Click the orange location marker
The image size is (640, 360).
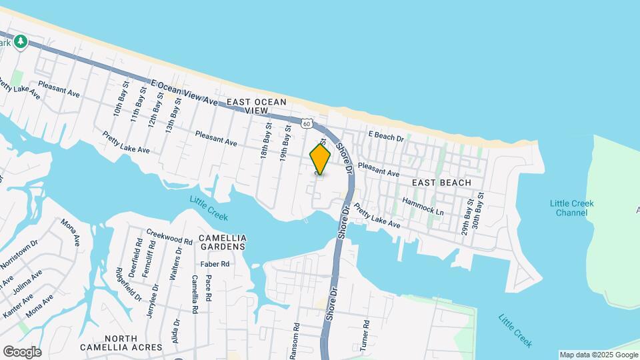point(320,159)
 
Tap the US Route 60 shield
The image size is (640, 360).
point(306,123)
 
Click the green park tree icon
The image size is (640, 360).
point(21,42)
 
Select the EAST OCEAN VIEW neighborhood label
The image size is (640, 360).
point(256,106)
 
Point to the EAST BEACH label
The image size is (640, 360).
point(441,183)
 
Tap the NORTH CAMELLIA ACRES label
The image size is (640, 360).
point(121,343)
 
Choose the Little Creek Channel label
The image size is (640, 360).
point(572,208)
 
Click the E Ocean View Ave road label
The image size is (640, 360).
point(184,93)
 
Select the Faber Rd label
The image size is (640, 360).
point(216,264)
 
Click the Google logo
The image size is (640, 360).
point(22,352)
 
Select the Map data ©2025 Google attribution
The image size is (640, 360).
point(599,355)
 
